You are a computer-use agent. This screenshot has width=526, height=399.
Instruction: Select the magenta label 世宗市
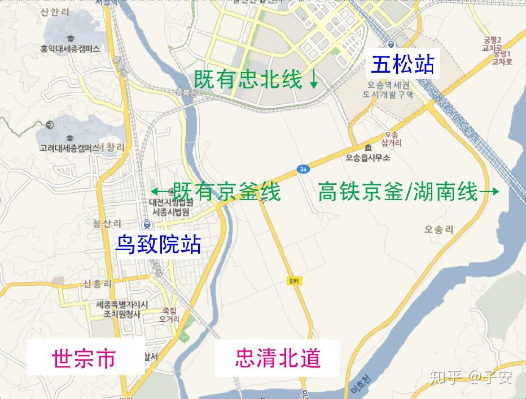click(x=84, y=358)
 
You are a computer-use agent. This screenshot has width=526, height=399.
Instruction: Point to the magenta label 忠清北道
click(x=278, y=357)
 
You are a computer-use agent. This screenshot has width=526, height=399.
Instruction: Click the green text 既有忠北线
click(x=248, y=79)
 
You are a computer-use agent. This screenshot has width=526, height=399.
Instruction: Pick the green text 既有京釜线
click(x=226, y=192)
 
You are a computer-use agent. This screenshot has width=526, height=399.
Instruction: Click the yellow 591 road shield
click(x=292, y=281)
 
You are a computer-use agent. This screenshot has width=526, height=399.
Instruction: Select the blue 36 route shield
click(x=303, y=168)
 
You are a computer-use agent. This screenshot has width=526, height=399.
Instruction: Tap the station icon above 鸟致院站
click(x=147, y=224)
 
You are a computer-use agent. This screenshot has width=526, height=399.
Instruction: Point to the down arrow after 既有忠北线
click(x=314, y=80)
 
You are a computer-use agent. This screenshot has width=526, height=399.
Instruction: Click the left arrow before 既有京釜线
click(x=159, y=192)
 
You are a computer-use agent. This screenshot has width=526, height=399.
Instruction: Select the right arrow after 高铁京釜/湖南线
click(x=489, y=192)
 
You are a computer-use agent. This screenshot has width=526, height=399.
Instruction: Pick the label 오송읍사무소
click(x=368, y=158)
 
